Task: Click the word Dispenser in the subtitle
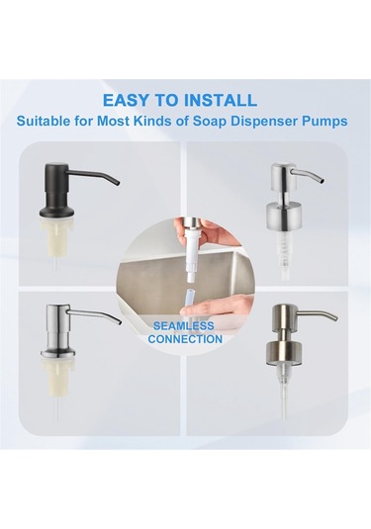pos(266,121)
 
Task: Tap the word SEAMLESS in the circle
pos(184,326)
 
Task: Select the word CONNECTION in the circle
pos(185,339)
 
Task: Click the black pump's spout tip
pos(118,183)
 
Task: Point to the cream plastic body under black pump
pos(56,235)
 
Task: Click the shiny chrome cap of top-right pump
pos(281,211)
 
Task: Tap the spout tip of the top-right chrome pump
pos(323,181)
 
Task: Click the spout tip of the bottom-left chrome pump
pos(119,322)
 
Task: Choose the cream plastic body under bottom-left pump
pos(56,376)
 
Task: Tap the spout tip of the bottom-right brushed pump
pos(335,318)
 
